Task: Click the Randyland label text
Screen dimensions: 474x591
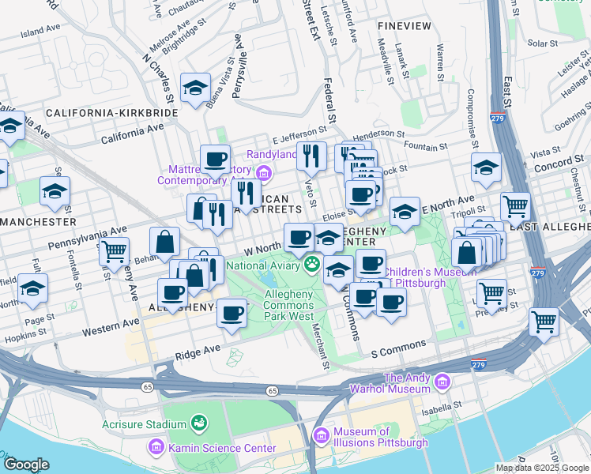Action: click(x=273, y=154)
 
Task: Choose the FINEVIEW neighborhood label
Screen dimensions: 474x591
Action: click(x=405, y=26)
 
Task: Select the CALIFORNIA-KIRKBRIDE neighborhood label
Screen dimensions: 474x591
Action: click(x=111, y=113)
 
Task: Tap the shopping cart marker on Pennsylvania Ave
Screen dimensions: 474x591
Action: click(x=114, y=251)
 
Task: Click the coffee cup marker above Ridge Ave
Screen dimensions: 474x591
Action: click(x=232, y=312)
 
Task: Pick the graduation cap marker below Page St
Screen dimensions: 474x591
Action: click(x=32, y=288)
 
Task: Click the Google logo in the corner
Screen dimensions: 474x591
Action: click(x=26, y=465)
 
